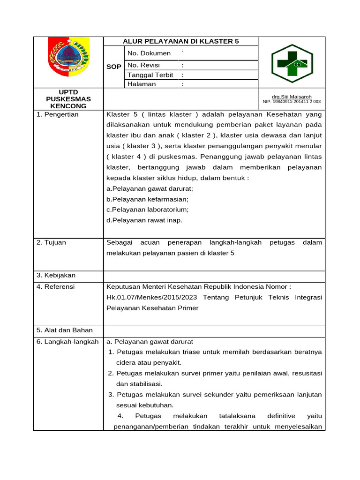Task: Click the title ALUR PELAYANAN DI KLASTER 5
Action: tap(180, 41)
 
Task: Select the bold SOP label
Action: tap(113, 67)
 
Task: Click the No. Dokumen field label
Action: tap(149, 53)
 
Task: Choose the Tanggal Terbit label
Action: tap(150, 75)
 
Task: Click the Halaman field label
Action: tap(142, 84)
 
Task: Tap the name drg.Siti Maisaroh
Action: tap(292, 97)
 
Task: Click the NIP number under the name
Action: tap(292, 101)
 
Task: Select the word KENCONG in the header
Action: tap(68, 106)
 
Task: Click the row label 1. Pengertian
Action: tap(58, 114)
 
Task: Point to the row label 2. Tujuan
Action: tap(51, 242)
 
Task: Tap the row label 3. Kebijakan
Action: tap(56, 275)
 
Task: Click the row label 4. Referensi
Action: tap(55, 286)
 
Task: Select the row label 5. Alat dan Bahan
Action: tap(65, 330)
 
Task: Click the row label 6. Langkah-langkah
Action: tap(67, 342)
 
